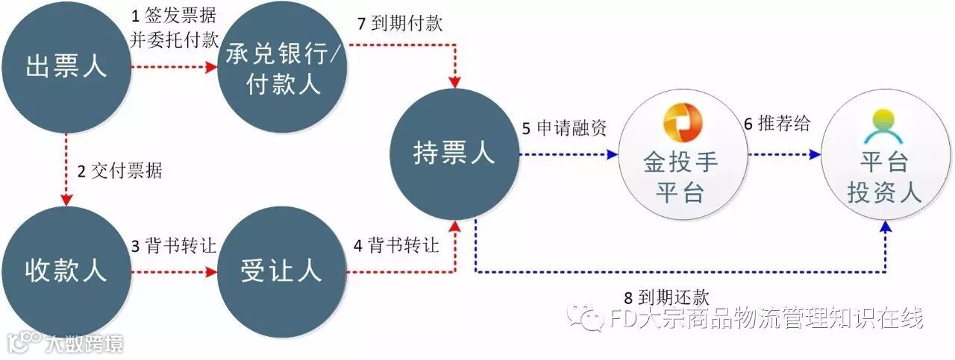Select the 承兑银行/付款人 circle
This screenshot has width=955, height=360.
coord(284,69)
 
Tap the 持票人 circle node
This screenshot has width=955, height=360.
coord(454,154)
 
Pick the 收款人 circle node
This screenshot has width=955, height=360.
coord(66,270)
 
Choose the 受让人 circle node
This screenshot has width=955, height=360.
coord(282,270)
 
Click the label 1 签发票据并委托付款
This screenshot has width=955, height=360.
coord(173,29)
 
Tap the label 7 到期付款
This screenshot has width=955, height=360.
coord(400,23)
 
